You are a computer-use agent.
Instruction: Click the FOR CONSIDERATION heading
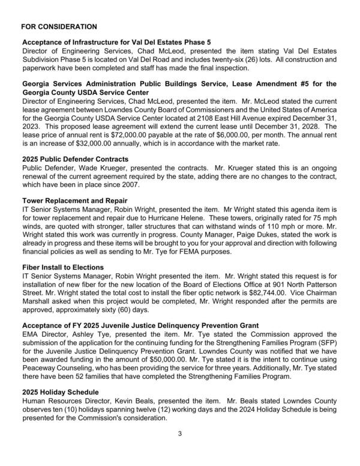(59, 27)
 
